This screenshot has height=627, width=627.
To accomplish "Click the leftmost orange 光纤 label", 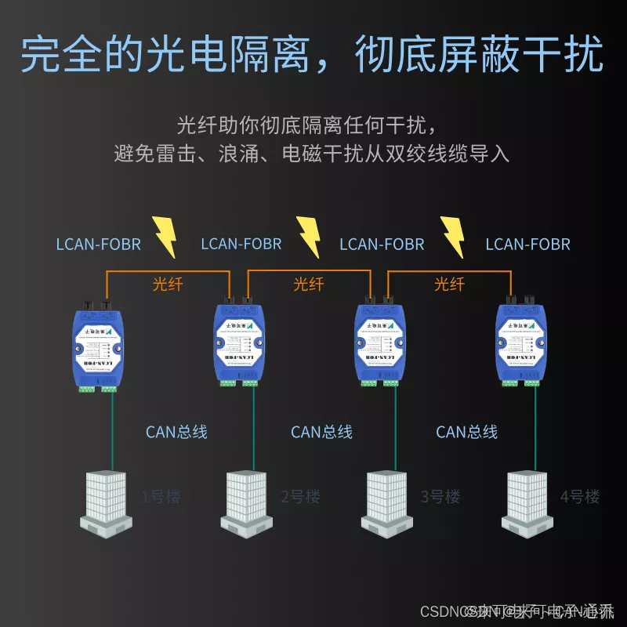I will click(167, 284).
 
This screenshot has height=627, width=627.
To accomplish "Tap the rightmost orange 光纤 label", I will click(449, 284).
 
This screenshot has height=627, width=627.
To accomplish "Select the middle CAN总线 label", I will click(321, 432).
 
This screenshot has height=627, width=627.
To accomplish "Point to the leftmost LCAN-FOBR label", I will click(99, 245).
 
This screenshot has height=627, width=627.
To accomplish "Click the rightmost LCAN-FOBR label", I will click(527, 245).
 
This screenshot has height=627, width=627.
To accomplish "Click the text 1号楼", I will click(161, 497).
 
